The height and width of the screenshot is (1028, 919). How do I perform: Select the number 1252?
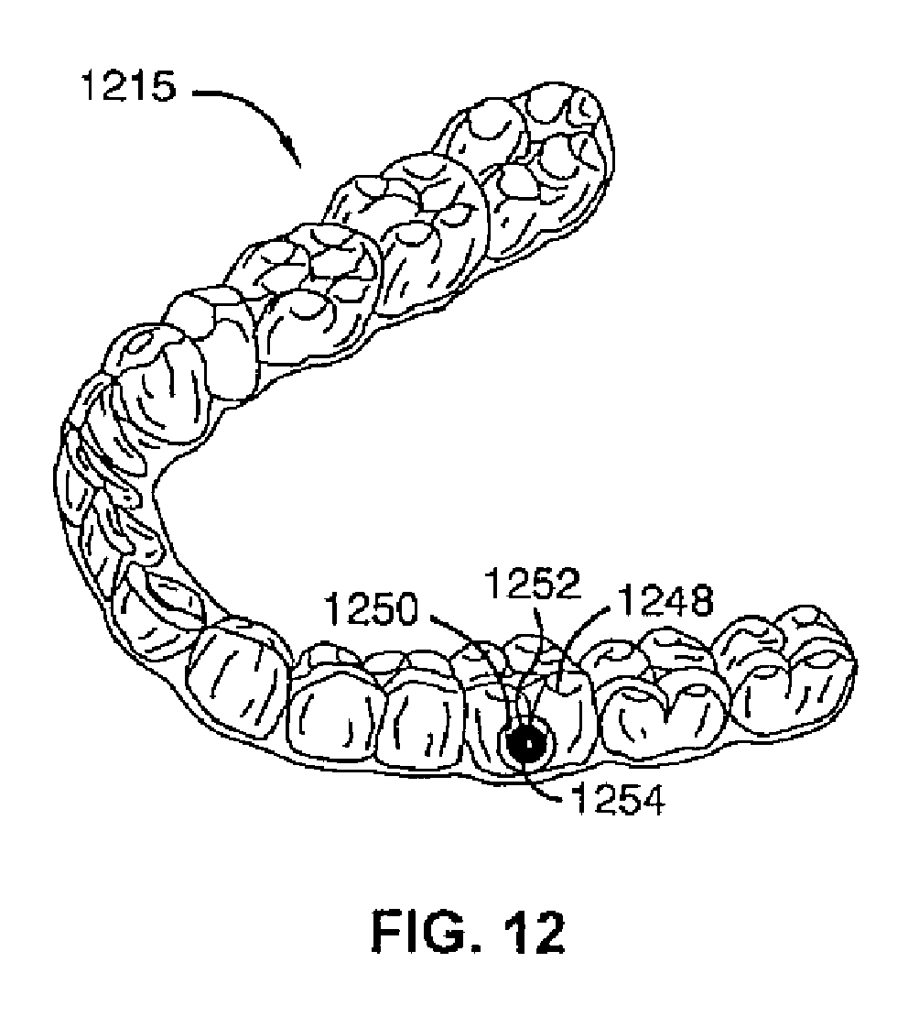[524, 585]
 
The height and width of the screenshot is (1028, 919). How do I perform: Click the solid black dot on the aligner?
[527, 744]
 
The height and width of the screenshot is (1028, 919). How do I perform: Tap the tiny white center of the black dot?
[527, 744]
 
